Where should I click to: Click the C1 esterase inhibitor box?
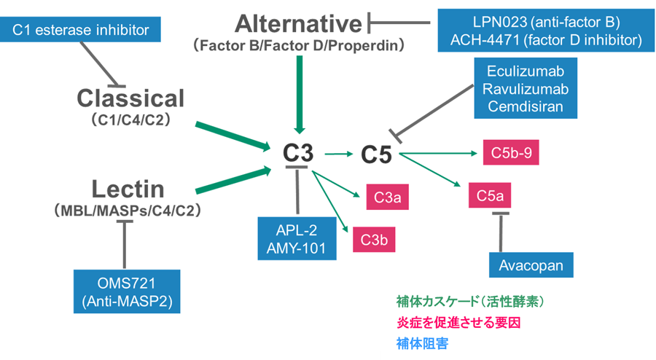click(x=80, y=30)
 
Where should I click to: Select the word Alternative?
click(x=299, y=24)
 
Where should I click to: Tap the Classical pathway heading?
click(x=131, y=98)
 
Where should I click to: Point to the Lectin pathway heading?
click(x=128, y=189)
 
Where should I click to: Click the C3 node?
click(x=298, y=154)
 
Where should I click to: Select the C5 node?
click(x=376, y=154)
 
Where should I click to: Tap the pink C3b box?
click(x=374, y=240)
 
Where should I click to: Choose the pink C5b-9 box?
click(x=510, y=153)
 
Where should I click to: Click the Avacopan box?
click(x=531, y=265)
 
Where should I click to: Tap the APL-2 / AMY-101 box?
click(x=296, y=238)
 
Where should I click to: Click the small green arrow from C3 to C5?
click(x=338, y=154)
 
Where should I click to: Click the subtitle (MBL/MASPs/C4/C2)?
click(x=128, y=210)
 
